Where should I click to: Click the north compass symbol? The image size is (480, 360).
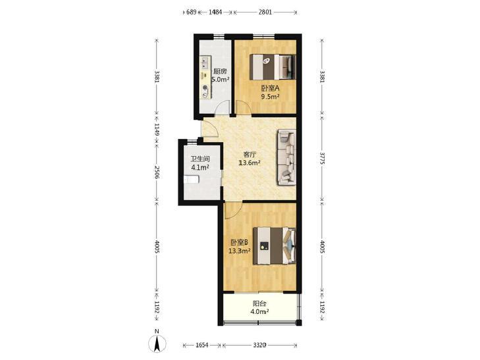click(x=157, y=342)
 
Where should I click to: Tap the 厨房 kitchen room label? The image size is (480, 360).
click(x=220, y=72)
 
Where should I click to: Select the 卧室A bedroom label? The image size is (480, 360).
click(x=270, y=88)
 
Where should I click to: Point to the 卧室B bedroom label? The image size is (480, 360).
click(x=240, y=243)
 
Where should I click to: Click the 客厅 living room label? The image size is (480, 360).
click(x=250, y=155)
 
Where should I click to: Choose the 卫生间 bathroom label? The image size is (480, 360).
click(x=200, y=159)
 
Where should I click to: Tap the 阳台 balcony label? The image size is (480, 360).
click(x=259, y=303)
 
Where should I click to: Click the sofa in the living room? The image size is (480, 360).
click(x=287, y=157)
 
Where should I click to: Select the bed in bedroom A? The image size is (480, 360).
click(x=273, y=66)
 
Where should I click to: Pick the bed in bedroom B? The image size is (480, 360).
click(x=275, y=245)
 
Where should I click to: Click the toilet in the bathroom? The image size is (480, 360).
click(x=192, y=180)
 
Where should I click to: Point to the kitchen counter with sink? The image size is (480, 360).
click(x=205, y=78)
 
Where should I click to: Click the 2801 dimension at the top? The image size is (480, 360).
click(x=265, y=13)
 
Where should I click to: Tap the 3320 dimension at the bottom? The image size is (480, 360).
click(x=259, y=346)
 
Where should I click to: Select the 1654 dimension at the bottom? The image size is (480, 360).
click(x=202, y=346)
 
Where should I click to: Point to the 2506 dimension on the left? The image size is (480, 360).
click(x=157, y=172)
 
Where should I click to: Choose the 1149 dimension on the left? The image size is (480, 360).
click(x=157, y=130)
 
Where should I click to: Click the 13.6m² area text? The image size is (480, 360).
click(x=250, y=163)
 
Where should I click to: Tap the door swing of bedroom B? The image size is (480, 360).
click(x=232, y=210)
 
